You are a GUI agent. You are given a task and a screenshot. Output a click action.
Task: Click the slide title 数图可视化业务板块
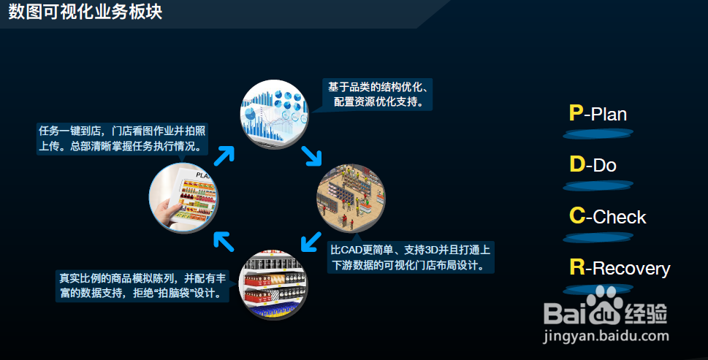[85, 12]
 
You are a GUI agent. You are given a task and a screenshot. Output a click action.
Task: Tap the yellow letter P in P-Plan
[576, 113]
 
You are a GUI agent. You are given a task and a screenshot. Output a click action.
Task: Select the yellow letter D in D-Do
[576, 165]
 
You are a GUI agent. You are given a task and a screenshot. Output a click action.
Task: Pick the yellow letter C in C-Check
[576, 216]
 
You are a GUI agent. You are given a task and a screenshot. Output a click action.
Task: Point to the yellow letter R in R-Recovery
[576, 268]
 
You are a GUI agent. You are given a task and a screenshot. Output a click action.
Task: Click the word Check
[620, 217]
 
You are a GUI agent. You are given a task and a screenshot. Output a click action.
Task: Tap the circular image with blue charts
[275, 112]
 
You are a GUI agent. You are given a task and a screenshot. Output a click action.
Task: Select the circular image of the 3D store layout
[349, 198]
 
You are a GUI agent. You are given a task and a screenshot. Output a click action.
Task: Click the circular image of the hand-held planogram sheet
[183, 197]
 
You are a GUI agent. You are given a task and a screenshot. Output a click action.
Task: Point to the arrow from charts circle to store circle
[312, 155]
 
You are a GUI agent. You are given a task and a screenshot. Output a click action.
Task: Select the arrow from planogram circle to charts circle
[224, 155]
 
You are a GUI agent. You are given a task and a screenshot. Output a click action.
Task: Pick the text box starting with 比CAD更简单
[410, 257]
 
